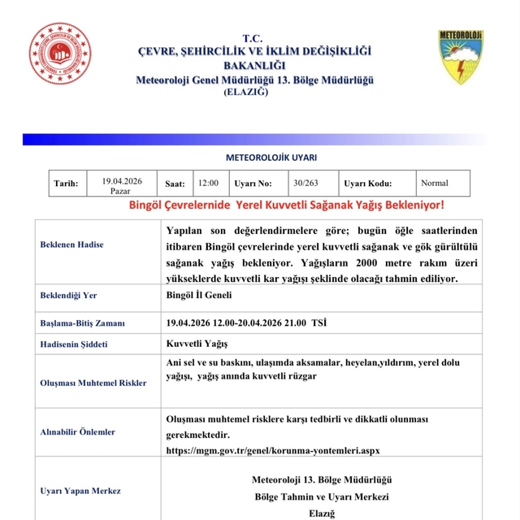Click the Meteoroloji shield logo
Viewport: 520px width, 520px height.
(461, 57)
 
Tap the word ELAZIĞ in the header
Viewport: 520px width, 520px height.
(246, 93)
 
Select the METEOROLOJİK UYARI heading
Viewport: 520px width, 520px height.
(271, 158)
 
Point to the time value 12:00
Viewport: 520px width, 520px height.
(208, 184)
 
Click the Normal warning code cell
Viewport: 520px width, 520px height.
(435, 183)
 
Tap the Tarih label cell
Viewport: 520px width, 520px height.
(65, 184)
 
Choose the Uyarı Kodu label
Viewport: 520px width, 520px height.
(368, 184)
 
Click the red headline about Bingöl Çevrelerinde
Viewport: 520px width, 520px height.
(287, 206)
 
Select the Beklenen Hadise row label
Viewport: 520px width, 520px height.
(71, 245)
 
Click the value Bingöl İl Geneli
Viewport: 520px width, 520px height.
(198, 297)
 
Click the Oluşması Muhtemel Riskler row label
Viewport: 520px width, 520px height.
(93, 383)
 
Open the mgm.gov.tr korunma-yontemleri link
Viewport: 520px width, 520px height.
(272, 450)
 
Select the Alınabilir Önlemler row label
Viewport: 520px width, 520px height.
(77, 432)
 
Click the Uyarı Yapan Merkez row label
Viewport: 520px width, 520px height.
(80, 491)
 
